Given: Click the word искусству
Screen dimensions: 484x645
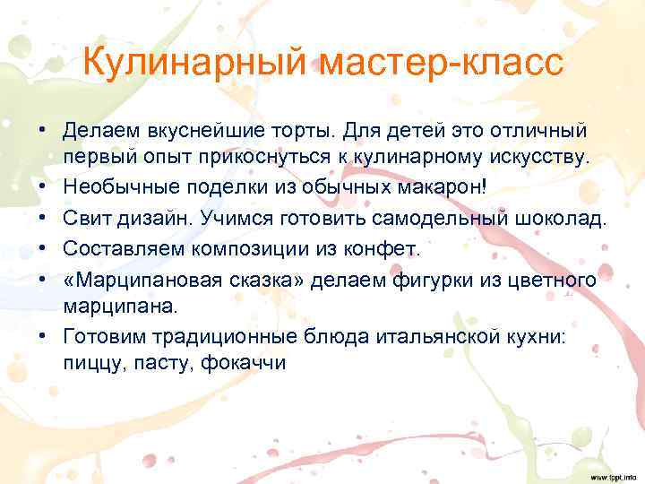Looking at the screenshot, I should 536,158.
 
